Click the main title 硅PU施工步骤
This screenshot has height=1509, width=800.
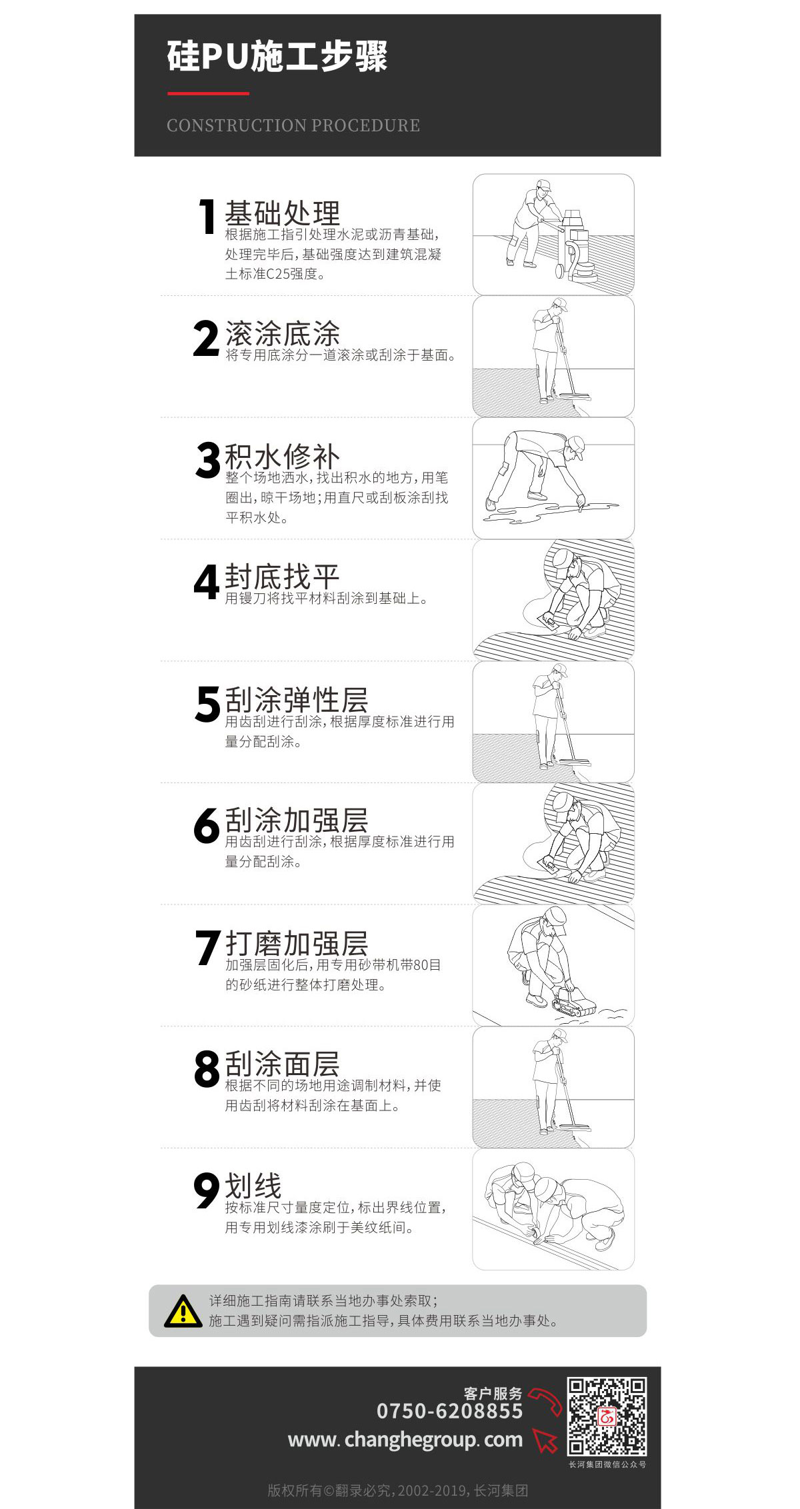[x=277, y=56]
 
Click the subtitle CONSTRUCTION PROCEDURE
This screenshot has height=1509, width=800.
[x=293, y=125]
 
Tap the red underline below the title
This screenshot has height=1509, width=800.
[x=208, y=93]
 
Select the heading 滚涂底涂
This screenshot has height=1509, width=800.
[x=283, y=333]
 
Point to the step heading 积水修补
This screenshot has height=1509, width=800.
[x=283, y=457]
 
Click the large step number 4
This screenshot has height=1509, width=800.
[x=207, y=582]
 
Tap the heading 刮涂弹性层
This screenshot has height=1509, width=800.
[x=297, y=700]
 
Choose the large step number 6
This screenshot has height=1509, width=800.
[x=207, y=825]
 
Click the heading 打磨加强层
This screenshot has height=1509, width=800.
[x=297, y=944]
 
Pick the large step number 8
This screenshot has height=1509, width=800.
[x=207, y=1068]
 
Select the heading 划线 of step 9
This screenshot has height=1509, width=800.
[x=253, y=1186]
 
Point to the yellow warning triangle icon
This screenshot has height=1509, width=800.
[x=183, y=1310]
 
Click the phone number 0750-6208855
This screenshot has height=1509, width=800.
[x=450, y=1411]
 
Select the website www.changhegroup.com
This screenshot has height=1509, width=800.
[x=405, y=1440]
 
